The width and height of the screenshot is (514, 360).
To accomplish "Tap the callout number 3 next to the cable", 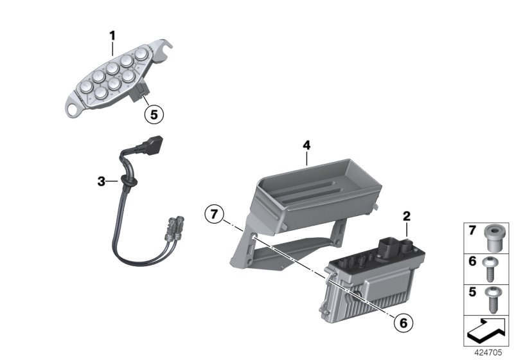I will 101,182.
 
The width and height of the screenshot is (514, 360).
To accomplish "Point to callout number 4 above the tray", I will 306,147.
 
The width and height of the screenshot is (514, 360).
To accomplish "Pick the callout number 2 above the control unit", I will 406,217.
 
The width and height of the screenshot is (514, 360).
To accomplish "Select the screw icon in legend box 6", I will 491,269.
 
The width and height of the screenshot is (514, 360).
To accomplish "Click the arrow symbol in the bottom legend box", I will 486,330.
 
